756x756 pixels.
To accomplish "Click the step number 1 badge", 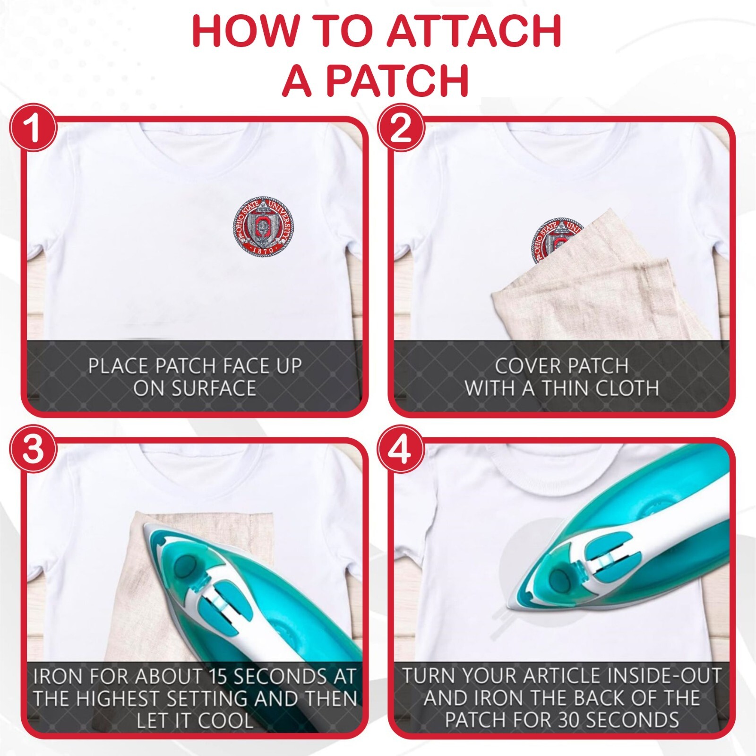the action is [33, 127].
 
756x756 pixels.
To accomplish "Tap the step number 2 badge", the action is [401, 127].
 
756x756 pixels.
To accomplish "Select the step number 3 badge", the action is [33, 450].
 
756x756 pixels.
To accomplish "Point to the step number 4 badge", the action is [401, 450].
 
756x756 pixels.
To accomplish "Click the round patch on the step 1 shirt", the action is [263, 227].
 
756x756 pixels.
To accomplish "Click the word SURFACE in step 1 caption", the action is [195, 389].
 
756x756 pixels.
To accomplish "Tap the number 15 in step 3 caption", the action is [219, 677].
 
